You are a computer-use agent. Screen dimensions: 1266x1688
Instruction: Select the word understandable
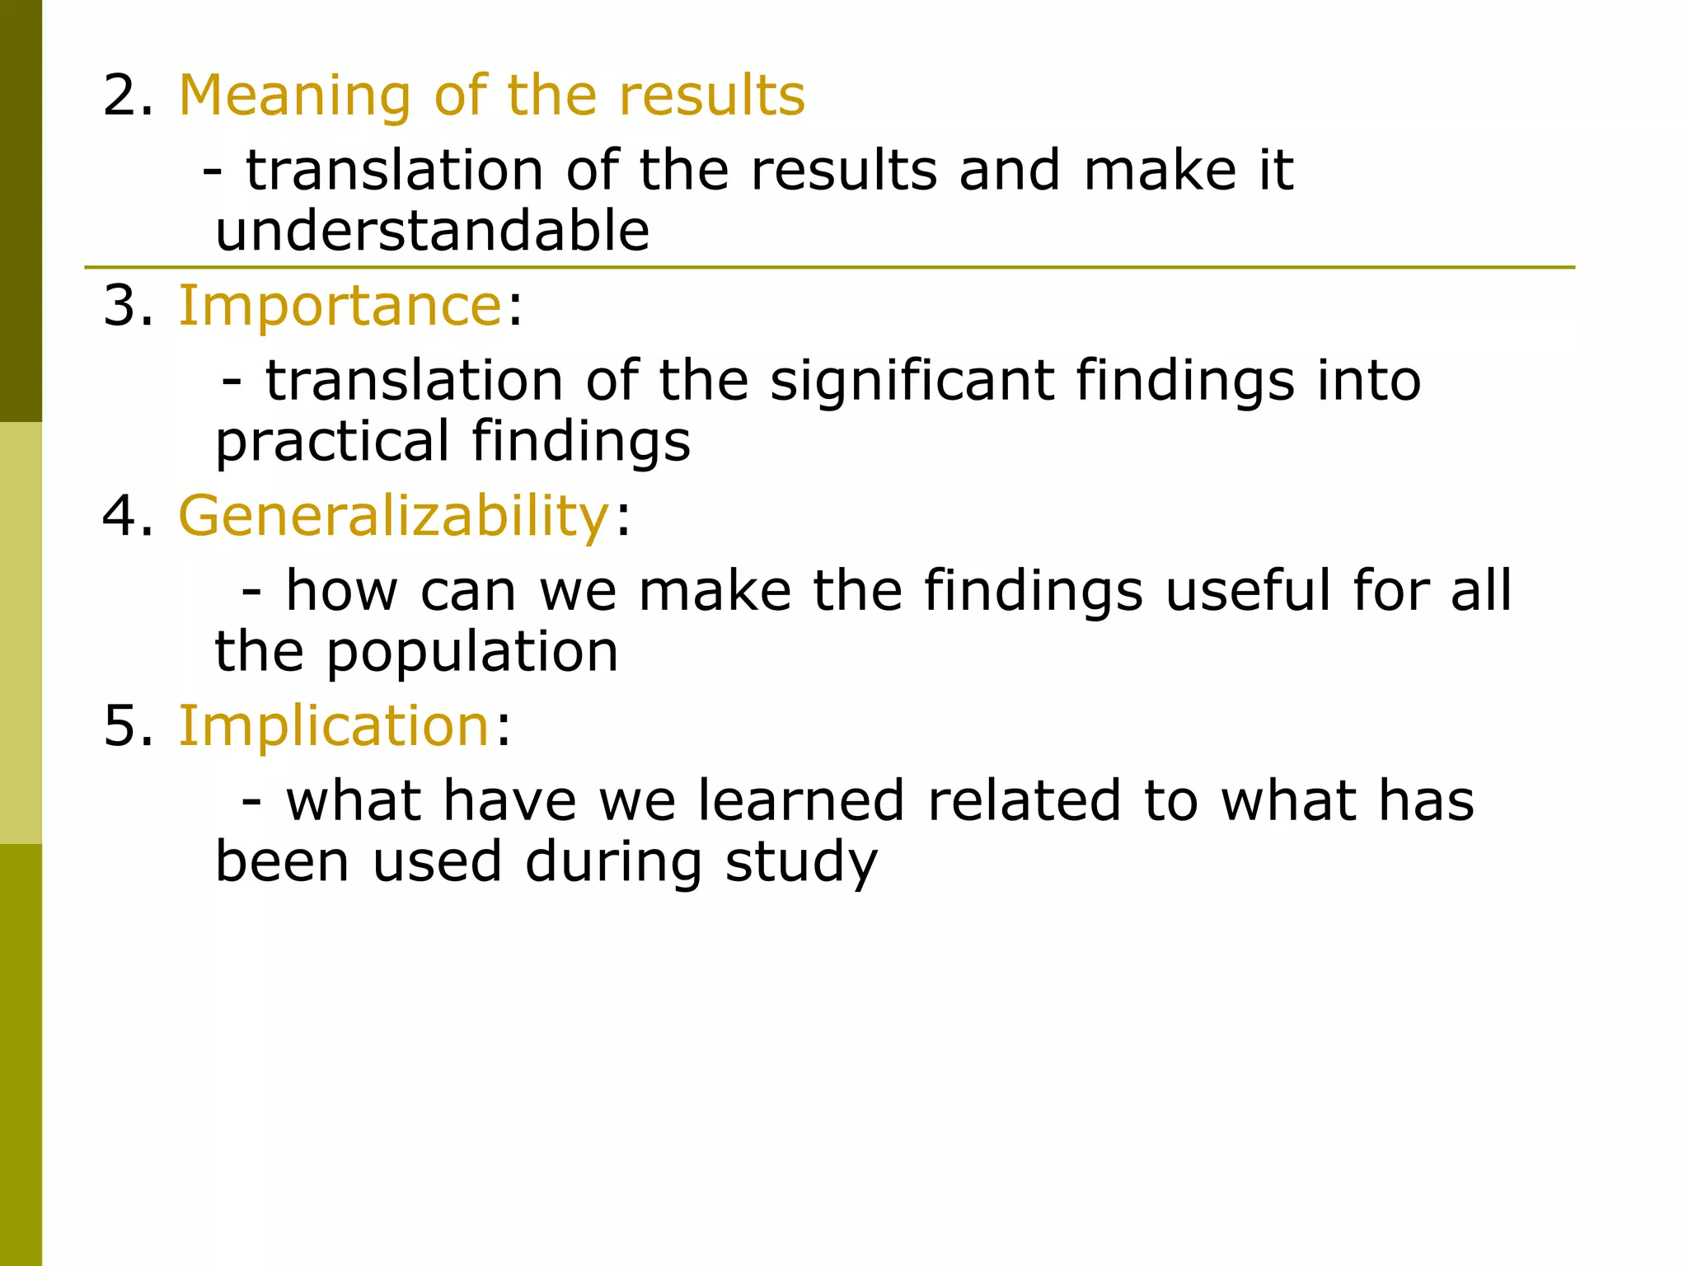[432, 231]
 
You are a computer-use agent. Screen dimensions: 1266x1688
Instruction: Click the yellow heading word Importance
[340, 306]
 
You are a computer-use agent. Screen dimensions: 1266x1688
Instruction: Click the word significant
[912, 381]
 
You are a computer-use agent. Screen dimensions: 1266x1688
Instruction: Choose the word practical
[332, 442]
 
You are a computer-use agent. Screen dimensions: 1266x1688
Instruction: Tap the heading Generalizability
[393, 517]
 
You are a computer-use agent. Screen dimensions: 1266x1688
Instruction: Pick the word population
[471, 653]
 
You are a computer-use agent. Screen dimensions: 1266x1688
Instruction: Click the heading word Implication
[335, 727]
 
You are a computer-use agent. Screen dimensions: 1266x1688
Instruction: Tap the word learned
[801, 801]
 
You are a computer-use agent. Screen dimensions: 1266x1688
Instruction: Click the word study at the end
[801, 863]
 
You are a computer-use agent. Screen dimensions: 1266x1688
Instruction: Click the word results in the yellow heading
[711, 96]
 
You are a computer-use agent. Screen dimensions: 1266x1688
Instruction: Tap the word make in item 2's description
[1159, 171]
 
